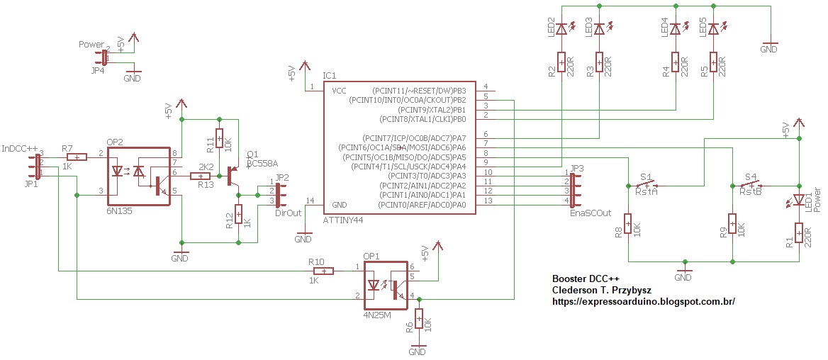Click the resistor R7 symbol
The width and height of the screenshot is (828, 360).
(x=76, y=157)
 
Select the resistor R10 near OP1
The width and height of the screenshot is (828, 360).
(x=323, y=271)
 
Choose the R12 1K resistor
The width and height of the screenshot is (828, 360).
(x=238, y=213)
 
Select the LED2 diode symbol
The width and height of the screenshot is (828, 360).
(x=561, y=29)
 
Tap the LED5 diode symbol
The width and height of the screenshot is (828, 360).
(x=714, y=29)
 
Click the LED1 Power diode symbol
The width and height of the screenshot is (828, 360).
(x=799, y=202)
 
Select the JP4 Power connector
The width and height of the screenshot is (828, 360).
(x=104, y=57)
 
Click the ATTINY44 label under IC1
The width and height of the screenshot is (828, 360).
(x=343, y=220)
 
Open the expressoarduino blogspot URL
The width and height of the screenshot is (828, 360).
(x=643, y=301)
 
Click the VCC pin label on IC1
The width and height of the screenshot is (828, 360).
(x=340, y=91)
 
